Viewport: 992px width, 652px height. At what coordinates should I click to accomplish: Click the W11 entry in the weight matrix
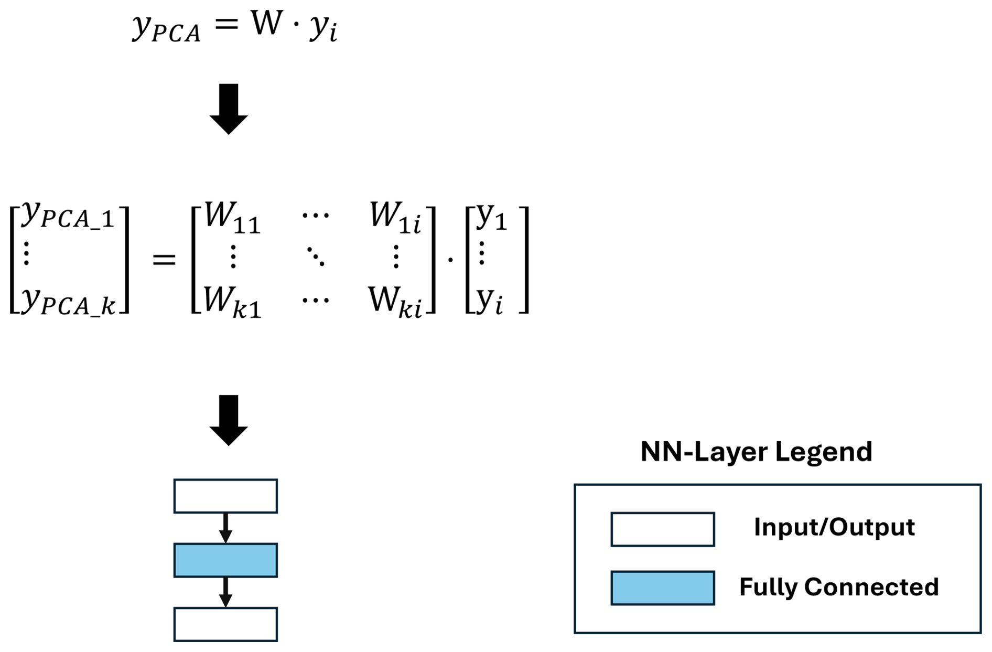click(x=232, y=217)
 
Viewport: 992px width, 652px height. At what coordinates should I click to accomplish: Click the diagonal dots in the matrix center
click(x=316, y=256)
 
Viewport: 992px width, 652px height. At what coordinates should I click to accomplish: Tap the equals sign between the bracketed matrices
click(x=164, y=259)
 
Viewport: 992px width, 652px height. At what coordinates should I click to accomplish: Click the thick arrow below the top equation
click(x=229, y=109)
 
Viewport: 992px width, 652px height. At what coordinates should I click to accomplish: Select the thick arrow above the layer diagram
click(x=229, y=420)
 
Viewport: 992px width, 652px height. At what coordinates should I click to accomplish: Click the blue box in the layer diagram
click(x=225, y=560)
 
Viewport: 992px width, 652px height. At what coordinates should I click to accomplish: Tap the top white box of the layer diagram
click(x=225, y=496)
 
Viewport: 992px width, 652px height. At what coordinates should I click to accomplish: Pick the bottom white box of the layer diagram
click(x=225, y=624)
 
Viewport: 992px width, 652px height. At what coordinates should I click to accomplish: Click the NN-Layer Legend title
click(x=756, y=452)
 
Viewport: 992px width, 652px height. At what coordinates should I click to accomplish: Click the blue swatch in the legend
click(x=662, y=587)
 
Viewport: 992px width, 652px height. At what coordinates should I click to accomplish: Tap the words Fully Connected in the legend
click(x=839, y=587)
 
